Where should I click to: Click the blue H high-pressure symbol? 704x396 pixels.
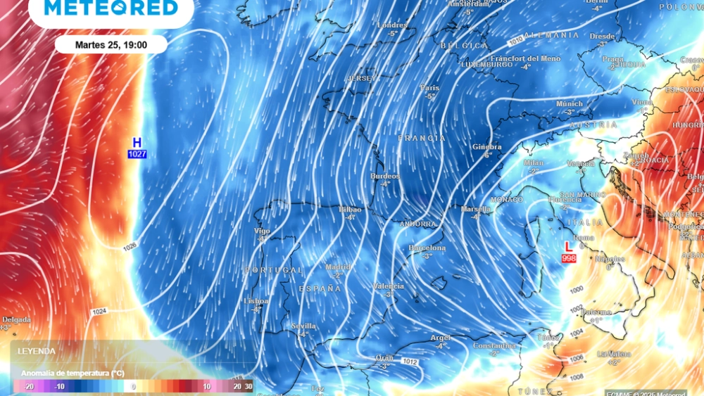click(x=137, y=141)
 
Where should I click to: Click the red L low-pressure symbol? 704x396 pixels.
click(x=568, y=248)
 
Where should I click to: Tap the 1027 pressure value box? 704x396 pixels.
click(x=137, y=153)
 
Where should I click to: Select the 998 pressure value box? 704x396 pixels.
click(x=569, y=259)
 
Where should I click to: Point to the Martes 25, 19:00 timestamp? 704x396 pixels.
click(x=111, y=44)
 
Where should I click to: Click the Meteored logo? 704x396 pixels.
click(x=111, y=8)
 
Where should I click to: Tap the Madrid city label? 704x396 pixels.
click(x=338, y=267)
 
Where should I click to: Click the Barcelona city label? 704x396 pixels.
click(x=427, y=248)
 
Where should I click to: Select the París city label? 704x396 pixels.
click(x=429, y=88)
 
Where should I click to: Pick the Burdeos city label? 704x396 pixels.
click(x=385, y=176)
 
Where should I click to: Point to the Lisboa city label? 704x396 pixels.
click(x=256, y=300)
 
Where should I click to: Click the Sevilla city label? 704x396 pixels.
click(x=303, y=326)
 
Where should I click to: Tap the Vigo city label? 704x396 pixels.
click(x=263, y=231)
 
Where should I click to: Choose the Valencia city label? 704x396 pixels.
click(x=389, y=286)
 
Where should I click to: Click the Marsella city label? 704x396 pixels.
click(x=475, y=209)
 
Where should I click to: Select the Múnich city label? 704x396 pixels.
click(x=570, y=103)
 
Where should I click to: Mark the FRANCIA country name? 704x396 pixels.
click(x=422, y=139)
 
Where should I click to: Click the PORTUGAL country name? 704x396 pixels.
click(x=273, y=271)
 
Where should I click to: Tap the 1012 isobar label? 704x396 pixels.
click(x=410, y=362)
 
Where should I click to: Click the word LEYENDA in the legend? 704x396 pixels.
click(x=37, y=350)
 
